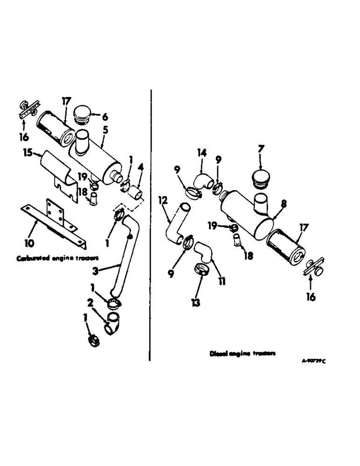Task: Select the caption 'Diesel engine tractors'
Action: tap(242, 354)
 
